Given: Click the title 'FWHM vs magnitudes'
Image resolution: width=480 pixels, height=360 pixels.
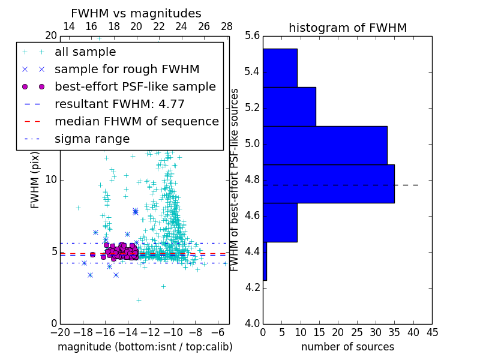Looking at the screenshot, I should pyautogui.click(x=136, y=13).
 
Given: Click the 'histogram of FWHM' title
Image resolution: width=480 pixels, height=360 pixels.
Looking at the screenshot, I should pyautogui.click(x=347, y=28).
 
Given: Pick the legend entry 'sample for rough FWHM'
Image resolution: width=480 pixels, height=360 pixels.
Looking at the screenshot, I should pyautogui.click(x=127, y=69).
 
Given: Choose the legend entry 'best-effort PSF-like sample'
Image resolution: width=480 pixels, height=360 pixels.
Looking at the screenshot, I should pyautogui.click(x=135, y=86).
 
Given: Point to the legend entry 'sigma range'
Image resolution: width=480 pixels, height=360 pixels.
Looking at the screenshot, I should pyautogui.click(x=92, y=139).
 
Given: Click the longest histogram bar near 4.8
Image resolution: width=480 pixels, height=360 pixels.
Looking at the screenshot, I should pyautogui.click(x=328, y=184).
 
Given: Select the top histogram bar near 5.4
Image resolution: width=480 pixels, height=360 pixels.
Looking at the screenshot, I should pyautogui.click(x=280, y=68).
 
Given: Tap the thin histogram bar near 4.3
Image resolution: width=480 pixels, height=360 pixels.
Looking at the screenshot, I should pyautogui.click(x=265, y=261).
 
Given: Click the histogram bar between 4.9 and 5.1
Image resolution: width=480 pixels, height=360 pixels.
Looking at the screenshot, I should pyautogui.click(x=325, y=145).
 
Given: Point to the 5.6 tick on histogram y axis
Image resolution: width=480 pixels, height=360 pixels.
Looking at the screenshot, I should pyautogui.click(x=252, y=35).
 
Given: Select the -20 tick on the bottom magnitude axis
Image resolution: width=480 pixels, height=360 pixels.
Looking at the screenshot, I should pyautogui.click(x=60, y=332).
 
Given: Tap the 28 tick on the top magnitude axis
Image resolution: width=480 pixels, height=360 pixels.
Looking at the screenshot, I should pyautogui.click(x=227, y=26).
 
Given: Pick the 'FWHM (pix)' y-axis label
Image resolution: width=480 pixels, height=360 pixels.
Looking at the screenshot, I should pyautogui.click(x=35, y=180).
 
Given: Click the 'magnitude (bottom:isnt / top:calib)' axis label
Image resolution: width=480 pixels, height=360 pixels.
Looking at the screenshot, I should pyautogui.click(x=145, y=347).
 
